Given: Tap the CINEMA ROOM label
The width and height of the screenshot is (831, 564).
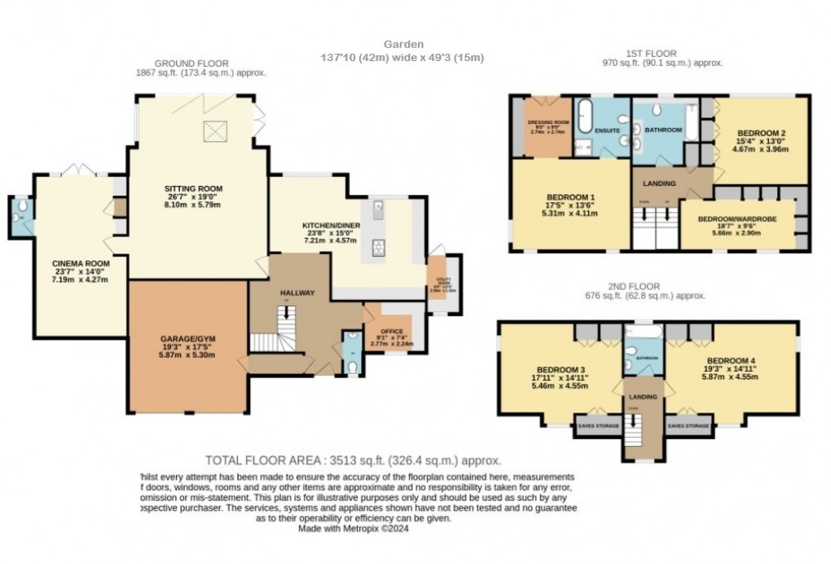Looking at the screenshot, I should pos(81,263).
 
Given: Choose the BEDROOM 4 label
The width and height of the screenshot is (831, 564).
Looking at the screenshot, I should pos(731,360).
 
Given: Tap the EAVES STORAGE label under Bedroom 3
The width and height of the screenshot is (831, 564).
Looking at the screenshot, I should pos(598,425).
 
